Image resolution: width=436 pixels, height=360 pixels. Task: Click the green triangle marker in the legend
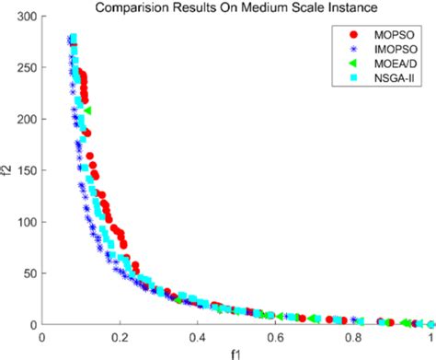click(x=354, y=64)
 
